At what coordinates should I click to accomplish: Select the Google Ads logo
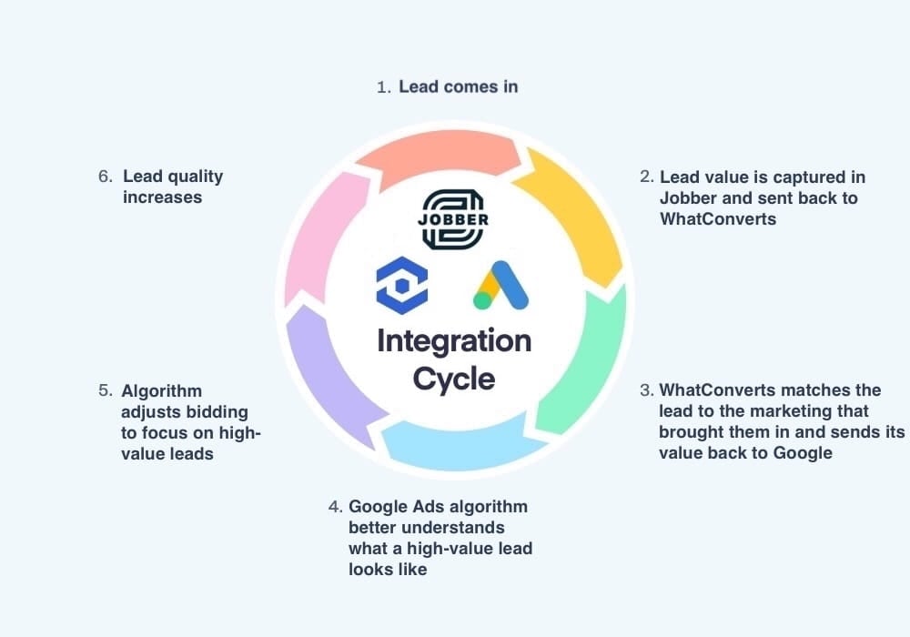coord(501,286)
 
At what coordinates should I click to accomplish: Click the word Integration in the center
coord(454,341)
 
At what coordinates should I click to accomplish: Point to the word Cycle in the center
coord(454,377)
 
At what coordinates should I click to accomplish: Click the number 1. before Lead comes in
coord(384,87)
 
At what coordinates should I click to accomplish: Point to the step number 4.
coord(334,507)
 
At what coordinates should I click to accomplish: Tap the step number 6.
coord(105,177)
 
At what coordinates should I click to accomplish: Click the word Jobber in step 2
coord(684,197)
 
